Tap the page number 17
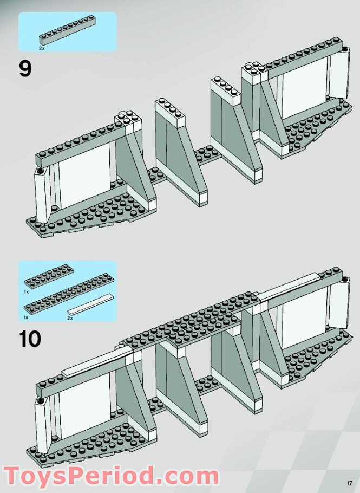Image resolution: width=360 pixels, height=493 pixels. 349,484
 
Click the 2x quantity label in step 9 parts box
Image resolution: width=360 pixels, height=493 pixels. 42,48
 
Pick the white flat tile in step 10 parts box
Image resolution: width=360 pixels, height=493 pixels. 91,304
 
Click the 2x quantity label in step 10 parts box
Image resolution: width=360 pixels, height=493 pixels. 70,318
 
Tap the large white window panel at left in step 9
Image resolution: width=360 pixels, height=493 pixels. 84,176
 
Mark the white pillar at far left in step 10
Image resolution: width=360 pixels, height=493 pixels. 40,426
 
